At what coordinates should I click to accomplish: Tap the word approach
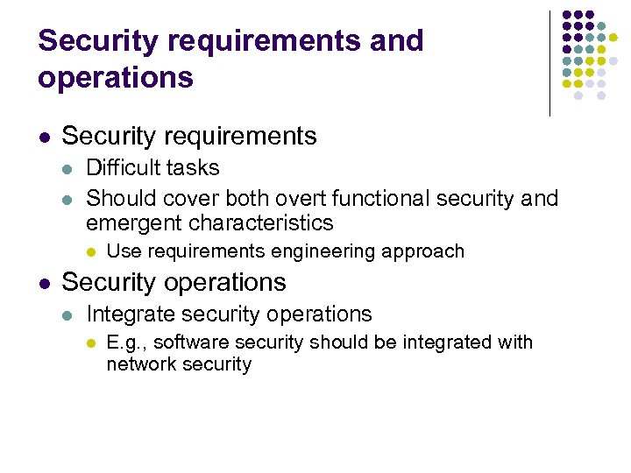[x=425, y=252]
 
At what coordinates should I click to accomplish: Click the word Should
[x=117, y=199]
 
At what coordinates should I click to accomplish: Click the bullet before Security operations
[x=44, y=283]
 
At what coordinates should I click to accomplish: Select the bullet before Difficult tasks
[x=68, y=168]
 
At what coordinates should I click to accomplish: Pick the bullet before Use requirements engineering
[x=90, y=252]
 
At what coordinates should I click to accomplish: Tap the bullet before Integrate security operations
[x=68, y=314]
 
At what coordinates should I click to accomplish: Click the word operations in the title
[x=116, y=78]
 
